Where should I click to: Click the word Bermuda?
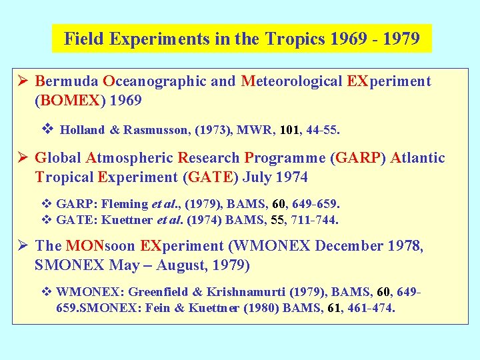[65, 81]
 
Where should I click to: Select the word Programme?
[285, 158]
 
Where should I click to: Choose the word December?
[347, 246]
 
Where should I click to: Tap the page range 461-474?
[370, 308]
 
